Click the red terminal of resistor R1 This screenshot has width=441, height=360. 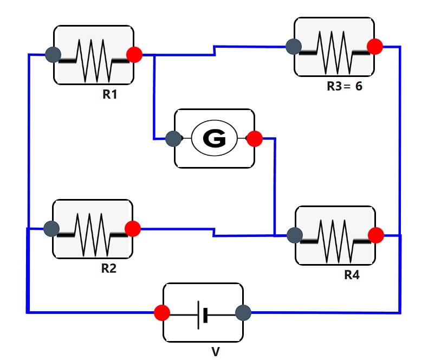point(134,54)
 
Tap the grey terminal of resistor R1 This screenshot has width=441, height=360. point(53,54)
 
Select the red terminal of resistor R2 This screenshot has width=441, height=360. point(133,229)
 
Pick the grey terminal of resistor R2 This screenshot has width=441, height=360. point(51,229)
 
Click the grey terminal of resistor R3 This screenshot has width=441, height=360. point(294,47)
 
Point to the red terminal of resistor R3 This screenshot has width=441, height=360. point(375,47)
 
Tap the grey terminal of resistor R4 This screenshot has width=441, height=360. point(294,235)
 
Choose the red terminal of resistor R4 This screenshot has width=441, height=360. point(376,235)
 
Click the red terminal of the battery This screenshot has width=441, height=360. point(161,312)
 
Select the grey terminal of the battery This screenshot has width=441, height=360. point(243,312)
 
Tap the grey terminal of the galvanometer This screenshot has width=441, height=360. point(173,139)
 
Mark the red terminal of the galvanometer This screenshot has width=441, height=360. point(254,139)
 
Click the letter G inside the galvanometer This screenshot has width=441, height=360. point(215,139)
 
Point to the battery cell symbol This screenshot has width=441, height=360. point(203,313)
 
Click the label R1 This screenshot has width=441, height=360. point(110,94)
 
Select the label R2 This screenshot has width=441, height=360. point(109,268)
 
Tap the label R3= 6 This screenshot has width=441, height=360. point(344,86)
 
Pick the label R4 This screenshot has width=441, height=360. point(352,275)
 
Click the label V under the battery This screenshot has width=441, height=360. point(215,352)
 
